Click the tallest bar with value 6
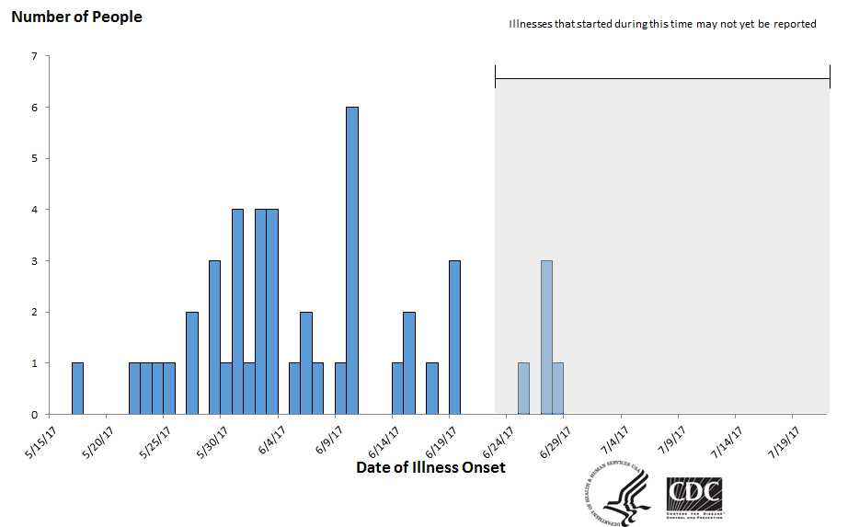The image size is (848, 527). click(x=351, y=261)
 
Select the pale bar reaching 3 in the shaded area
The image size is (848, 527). click(x=546, y=338)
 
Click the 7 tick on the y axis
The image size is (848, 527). click(x=34, y=56)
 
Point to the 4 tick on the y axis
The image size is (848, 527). click(x=34, y=210)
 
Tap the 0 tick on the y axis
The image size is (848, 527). click(x=34, y=415)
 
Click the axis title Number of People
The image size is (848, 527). click(x=76, y=17)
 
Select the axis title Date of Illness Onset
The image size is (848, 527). click(x=430, y=467)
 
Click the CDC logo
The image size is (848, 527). click(x=693, y=498)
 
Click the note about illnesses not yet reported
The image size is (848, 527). click(x=662, y=24)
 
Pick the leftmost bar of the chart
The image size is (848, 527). click(x=77, y=389)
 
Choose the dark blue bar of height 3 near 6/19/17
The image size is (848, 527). click(x=454, y=338)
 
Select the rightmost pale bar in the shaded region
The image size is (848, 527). click(x=557, y=389)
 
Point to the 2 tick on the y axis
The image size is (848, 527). click(x=34, y=313)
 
